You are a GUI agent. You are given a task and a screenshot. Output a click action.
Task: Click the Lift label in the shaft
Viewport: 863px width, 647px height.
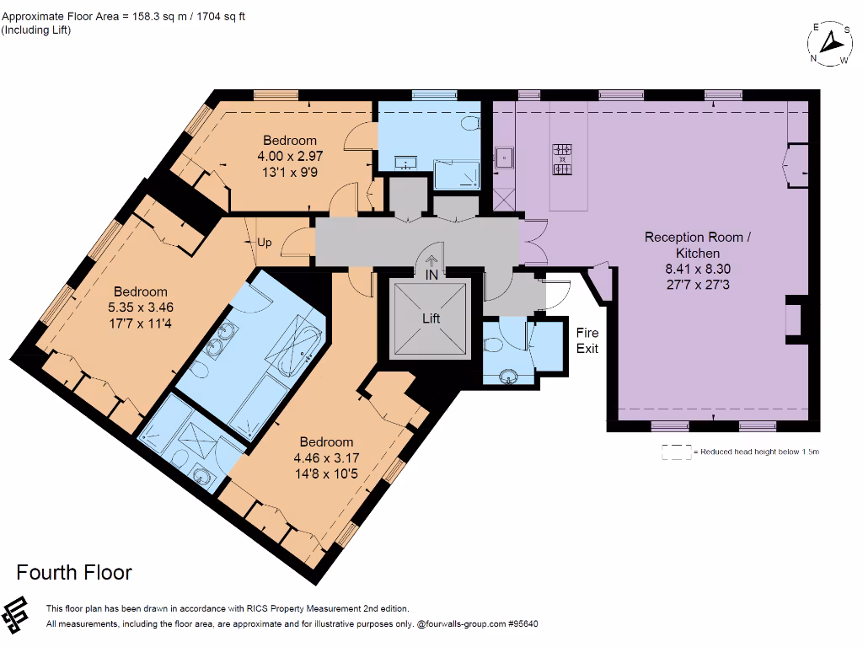click(x=431, y=318)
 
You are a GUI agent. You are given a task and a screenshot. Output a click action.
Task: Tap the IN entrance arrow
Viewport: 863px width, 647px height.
click(x=431, y=263)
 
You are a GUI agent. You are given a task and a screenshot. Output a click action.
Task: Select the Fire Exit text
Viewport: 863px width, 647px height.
click(x=587, y=340)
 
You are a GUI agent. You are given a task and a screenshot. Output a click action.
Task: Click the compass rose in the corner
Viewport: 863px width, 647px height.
click(x=830, y=43)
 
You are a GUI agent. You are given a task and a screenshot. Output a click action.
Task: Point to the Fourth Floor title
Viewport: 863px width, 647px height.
click(x=74, y=573)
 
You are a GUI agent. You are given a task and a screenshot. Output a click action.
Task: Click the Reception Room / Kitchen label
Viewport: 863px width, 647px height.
click(x=697, y=244)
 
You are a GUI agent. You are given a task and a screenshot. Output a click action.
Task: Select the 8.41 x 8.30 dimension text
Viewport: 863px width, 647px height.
click(x=697, y=269)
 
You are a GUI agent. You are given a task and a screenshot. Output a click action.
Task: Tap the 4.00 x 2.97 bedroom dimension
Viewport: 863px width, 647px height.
click(x=290, y=156)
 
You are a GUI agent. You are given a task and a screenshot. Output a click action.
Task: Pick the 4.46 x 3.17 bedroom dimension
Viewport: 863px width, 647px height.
click(x=326, y=458)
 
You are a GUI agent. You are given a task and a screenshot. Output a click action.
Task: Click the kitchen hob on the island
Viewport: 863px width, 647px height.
click(x=561, y=158)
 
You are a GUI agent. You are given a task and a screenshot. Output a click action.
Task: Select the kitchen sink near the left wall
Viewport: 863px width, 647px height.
click(x=505, y=157)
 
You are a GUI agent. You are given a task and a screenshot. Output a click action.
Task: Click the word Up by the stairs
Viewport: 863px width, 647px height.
click(x=265, y=243)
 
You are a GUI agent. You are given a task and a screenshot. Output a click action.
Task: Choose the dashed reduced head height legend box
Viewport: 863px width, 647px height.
click(x=676, y=452)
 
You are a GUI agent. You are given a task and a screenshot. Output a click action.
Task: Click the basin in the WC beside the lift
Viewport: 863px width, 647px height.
click(x=508, y=375)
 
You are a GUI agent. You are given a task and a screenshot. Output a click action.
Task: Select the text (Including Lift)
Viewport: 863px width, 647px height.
click(x=36, y=30)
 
